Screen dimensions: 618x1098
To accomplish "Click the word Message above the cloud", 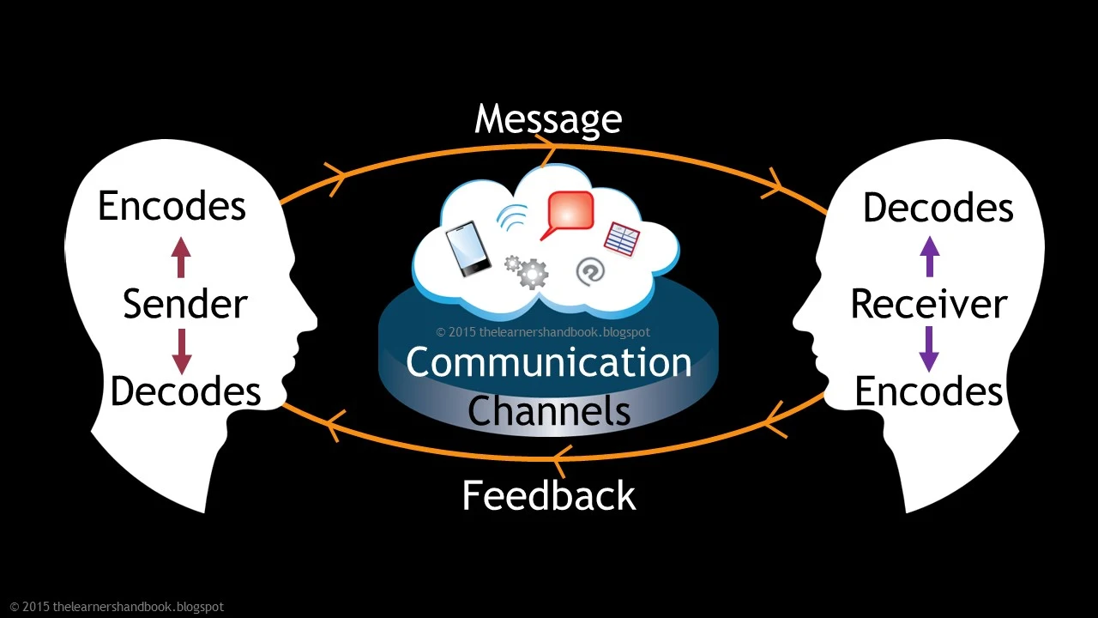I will coord(548,119).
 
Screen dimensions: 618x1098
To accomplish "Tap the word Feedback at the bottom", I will coord(549,496).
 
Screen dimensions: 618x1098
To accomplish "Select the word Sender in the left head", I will coord(184,305).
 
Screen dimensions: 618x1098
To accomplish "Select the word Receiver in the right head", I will coord(929,305).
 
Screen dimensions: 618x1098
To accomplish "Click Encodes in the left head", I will coord(172,207).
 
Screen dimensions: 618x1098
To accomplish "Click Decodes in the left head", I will coord(185,391).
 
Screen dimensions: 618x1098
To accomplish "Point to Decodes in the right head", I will coord(938,209).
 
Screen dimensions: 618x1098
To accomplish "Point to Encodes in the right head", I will coord(929,391).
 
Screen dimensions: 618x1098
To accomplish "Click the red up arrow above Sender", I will coord(180,257).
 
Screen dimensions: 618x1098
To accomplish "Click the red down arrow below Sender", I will coord(181,351).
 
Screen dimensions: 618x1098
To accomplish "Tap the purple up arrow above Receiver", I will coord(930,257).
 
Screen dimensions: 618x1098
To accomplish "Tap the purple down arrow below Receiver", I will coord(930,349).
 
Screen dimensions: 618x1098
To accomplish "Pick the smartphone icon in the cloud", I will coord(468,249).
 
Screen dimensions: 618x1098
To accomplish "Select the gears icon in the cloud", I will coord(527,271).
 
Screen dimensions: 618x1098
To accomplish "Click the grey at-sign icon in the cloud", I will coord(590,271).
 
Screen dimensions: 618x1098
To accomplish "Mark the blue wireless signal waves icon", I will coord(512,218).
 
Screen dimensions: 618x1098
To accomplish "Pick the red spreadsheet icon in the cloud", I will coord(622,239).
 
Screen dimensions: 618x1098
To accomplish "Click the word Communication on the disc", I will coord(549,362).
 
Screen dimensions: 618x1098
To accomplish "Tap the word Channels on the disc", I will coord(549,411).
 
